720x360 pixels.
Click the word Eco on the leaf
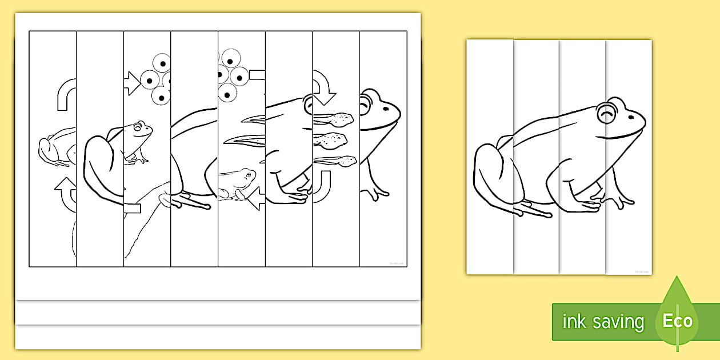[x=678, y=321]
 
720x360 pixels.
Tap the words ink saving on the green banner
[x=603, y=322]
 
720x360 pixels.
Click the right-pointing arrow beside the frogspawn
[x=133, y=83]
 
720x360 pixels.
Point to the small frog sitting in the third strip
[x=137, y=141]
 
